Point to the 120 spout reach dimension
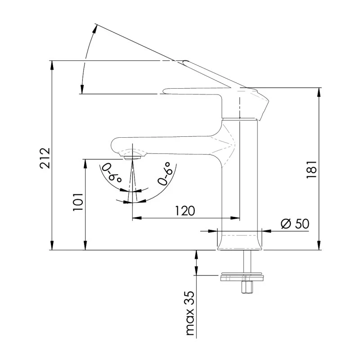[x=185, y=211]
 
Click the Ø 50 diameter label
[x=295, y=224]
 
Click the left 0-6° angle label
[x=112, y=172]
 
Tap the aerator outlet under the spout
[x=132, y=157]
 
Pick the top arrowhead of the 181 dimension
[x=319, y=91]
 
